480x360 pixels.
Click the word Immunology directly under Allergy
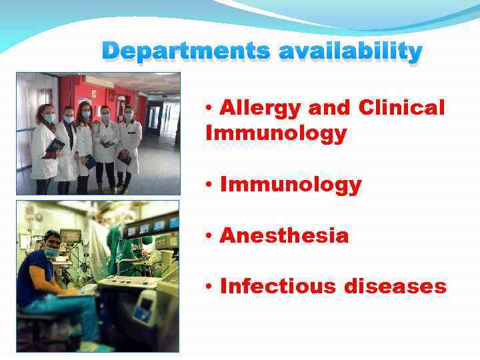tap(276, 133)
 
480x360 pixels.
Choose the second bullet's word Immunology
tap(290, 185)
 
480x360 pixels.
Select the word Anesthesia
tap(283, 235)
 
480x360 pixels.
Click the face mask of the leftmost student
tap(49, 118)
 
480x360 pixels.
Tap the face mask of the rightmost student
tap(128, 117)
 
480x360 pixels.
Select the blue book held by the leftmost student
tap(55, 146)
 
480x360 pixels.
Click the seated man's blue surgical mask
tap(53, 252)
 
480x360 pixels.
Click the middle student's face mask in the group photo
tap(85, 115)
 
